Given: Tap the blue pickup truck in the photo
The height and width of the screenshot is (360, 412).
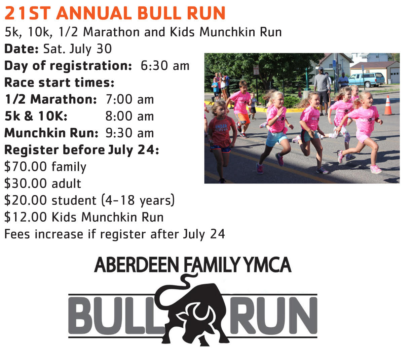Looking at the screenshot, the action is pyautogui.click(x=367, y=80).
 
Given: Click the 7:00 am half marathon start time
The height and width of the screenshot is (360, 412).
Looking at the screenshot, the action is pyautogui.click(x=129, y=99).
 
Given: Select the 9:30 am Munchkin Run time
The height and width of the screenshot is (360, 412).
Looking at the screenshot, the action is pyautogui.click(x=129, y=133).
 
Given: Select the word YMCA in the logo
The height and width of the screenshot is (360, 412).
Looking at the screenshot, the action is pyautogui.click(x=268, y=265).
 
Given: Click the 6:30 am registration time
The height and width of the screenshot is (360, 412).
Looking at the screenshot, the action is pyautogui.click(x=165, y=66).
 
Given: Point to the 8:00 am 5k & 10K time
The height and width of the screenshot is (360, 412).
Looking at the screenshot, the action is pyautogui.click(x=129, y=116).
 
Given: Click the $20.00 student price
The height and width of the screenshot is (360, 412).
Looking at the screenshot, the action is pyautogui.click(x=89, y=200).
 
